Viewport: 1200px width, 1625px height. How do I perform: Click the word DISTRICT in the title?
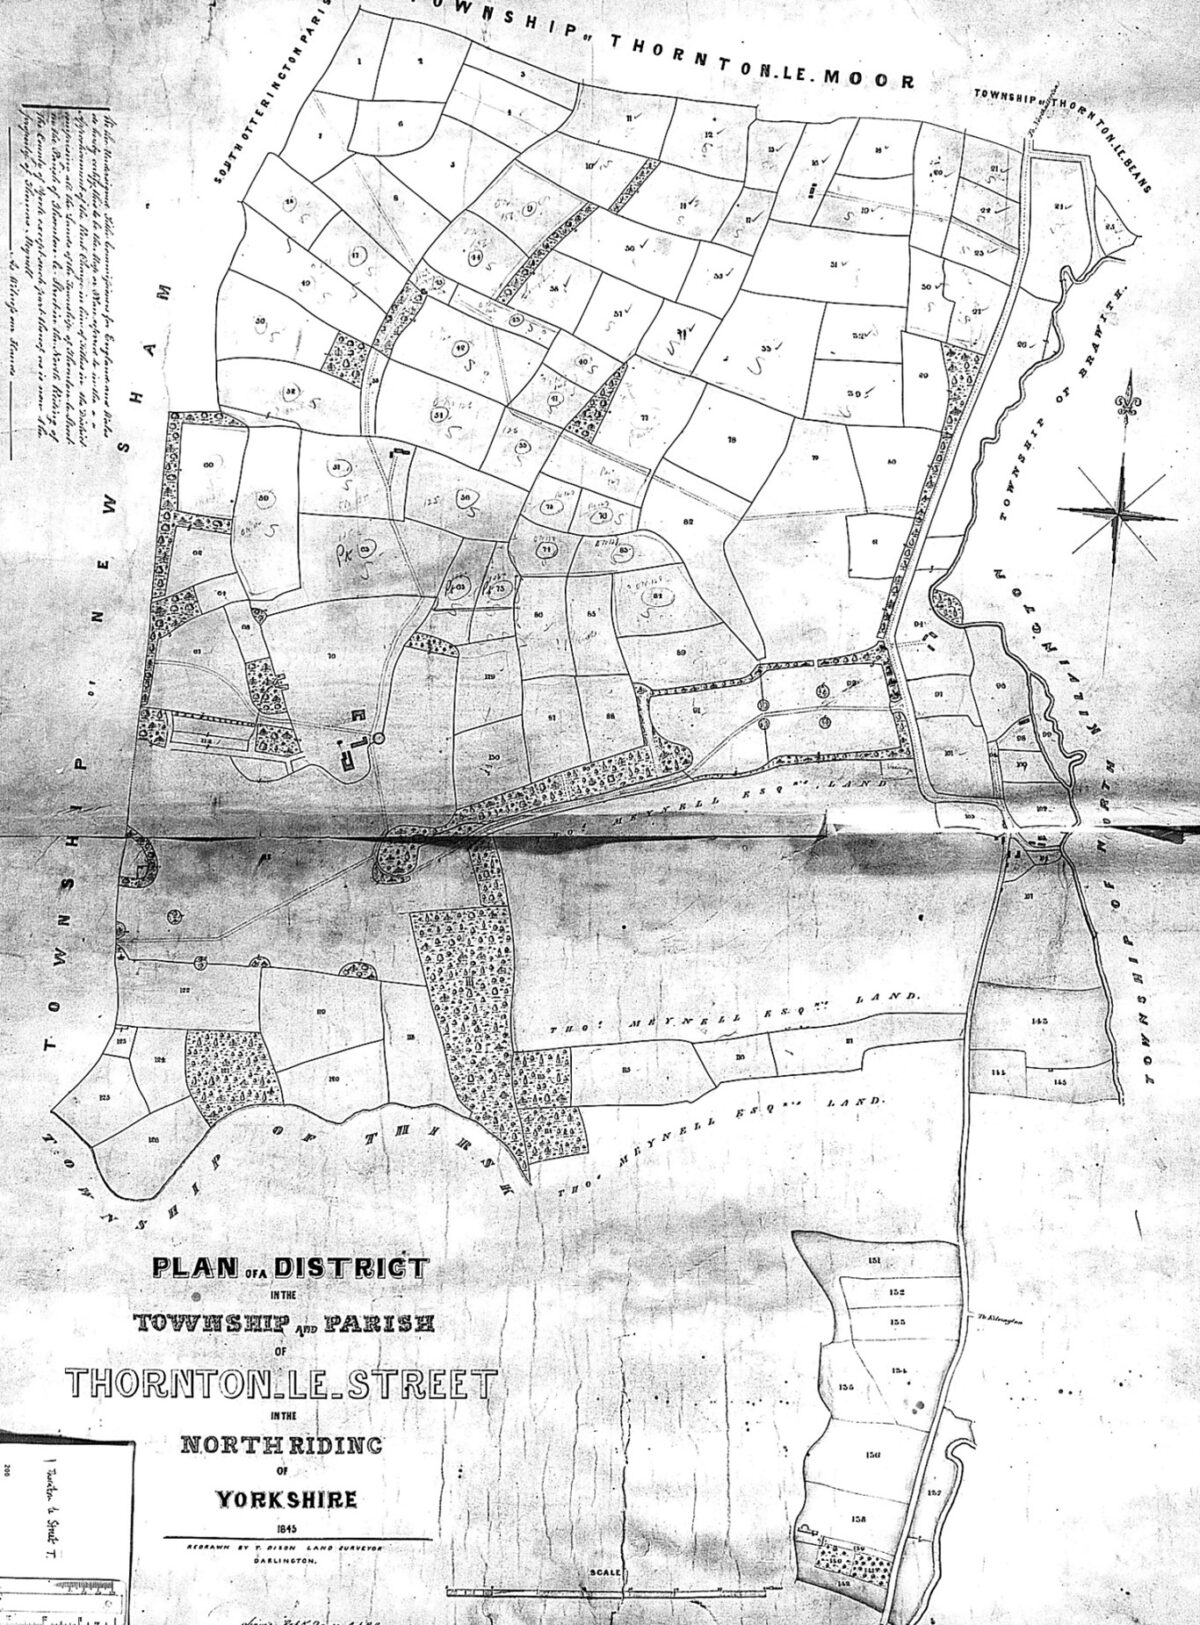coord(350,1270)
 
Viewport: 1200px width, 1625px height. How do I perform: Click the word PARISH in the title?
coord(386,1326)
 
